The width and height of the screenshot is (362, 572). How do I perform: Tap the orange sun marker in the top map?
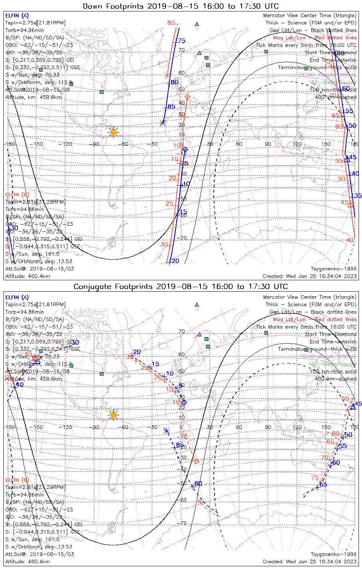[113, 132]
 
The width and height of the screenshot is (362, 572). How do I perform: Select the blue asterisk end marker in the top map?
[163, 123]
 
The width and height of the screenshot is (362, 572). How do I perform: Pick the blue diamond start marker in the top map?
[185, 149]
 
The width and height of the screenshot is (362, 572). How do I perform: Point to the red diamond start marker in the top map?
[187, 97]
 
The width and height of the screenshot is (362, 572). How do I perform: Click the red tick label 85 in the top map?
[171, 23]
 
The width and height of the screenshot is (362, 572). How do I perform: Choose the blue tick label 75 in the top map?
[181, 41]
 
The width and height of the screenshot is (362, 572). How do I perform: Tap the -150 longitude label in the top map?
[38, 144]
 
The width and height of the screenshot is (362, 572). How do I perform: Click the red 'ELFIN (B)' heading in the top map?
[17, 194]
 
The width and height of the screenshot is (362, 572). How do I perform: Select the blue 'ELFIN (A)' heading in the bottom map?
[17, 297]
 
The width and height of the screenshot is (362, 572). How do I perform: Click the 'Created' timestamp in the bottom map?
[309, 561]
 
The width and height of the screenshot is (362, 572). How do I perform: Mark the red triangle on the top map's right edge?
[350, 205]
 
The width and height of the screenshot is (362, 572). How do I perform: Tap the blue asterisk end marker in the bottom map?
[166, 431]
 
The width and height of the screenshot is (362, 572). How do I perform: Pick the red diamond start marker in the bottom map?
[196, 461]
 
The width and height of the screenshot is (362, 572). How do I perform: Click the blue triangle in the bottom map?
[353, 407]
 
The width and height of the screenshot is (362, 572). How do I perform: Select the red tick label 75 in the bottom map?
[314, 478]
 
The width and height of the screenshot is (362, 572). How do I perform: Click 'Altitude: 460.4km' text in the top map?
[27, 276]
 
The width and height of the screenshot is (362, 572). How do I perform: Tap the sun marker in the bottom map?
[113, 415]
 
